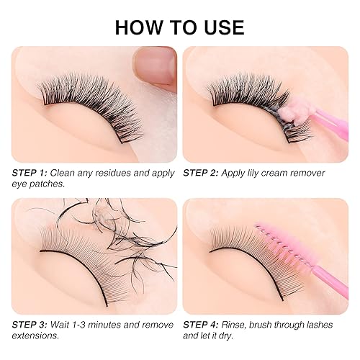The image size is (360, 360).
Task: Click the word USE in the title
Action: (221, 27)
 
